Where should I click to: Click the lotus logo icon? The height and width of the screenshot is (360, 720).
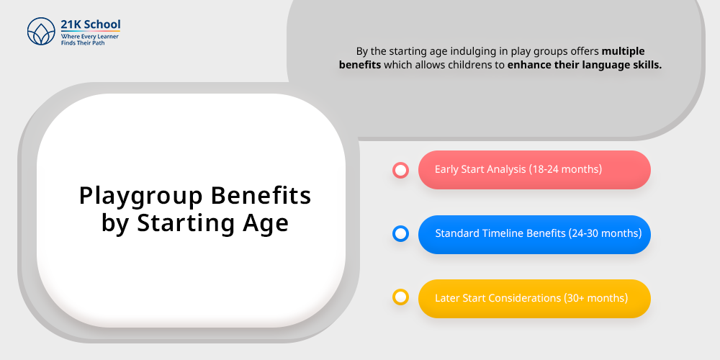41,31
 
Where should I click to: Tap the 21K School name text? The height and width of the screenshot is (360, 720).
91,24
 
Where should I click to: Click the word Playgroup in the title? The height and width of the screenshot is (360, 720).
141,197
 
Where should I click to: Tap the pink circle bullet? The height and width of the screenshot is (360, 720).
401,171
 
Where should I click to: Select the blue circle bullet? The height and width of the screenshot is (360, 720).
401,234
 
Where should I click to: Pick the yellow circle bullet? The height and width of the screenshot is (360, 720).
401,297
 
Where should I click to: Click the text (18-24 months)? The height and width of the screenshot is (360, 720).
565,169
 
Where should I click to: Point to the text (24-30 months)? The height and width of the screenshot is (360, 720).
606,233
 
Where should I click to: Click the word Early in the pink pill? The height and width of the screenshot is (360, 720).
446,169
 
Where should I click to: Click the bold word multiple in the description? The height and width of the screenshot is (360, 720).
623,51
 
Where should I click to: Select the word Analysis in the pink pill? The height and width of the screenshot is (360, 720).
506,169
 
